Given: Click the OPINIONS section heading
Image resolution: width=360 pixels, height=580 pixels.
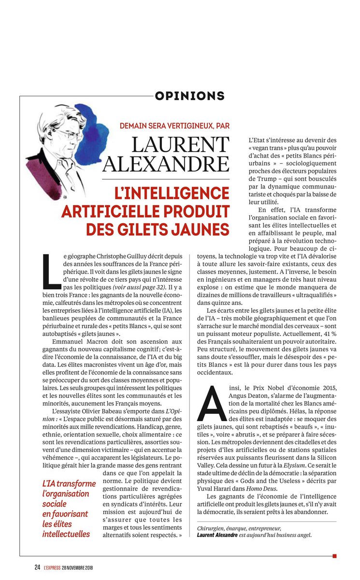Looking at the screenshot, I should point(190,96).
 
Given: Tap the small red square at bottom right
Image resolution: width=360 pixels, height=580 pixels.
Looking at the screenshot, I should point(334,556).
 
